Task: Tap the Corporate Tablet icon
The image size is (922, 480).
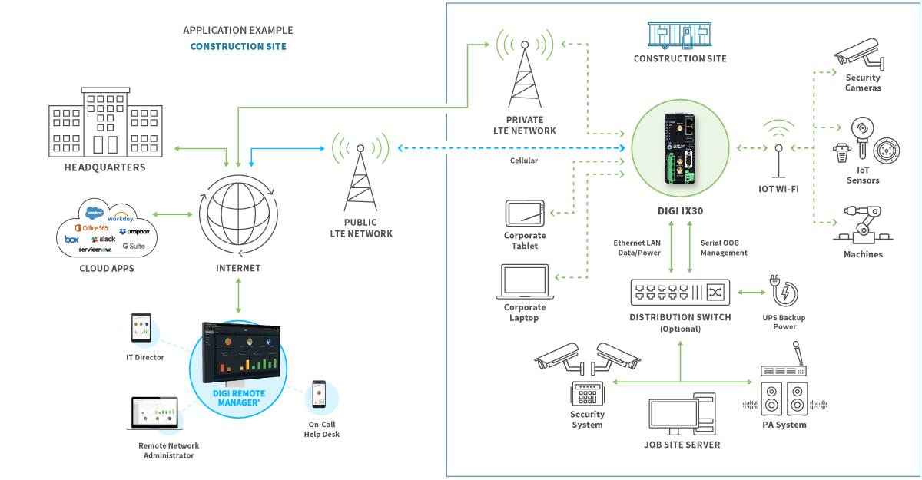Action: pyautogui.click(x=525, y=213)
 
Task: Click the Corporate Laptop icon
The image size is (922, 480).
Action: pyautogui.click(x=525, y=282)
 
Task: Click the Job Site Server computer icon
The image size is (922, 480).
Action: pyautogui.click(x=681, y=415)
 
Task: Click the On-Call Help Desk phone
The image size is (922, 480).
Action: pyautogui.click(x=319, y=395)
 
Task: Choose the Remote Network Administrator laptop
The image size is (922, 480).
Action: pyautogui.click(x=154, y=415)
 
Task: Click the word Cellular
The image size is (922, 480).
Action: pyautogui.click(x=524, y=161)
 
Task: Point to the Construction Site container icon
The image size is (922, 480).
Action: pyautogui.click(x=679, y=35)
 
